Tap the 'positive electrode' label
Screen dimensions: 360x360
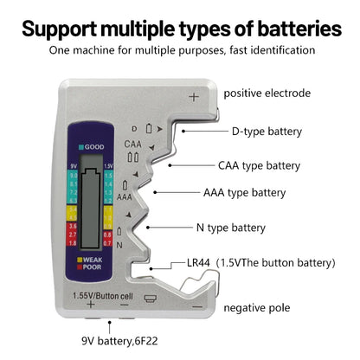pyautogui.click(x=267, y=93)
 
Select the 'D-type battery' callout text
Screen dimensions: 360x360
pyautogui.click(x=267, y=132)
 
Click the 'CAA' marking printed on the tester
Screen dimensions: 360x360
pyautogui.click(x=132, y=144)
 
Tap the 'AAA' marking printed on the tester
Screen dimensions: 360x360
pyautogui.click(x=125, y=196)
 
